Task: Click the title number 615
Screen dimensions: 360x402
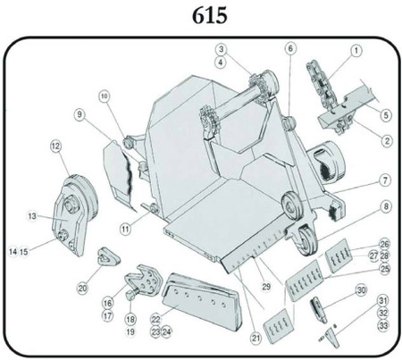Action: coord(201,16)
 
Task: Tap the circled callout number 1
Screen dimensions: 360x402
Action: coord(356,51)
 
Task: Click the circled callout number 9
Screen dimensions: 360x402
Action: coord(80,114)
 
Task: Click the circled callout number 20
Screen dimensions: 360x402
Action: coord(82,288)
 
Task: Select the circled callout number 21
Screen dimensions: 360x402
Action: coord(255,337)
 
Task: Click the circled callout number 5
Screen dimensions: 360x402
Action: coord(385,114)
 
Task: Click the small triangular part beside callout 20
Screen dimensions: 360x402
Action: coord(107,257)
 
